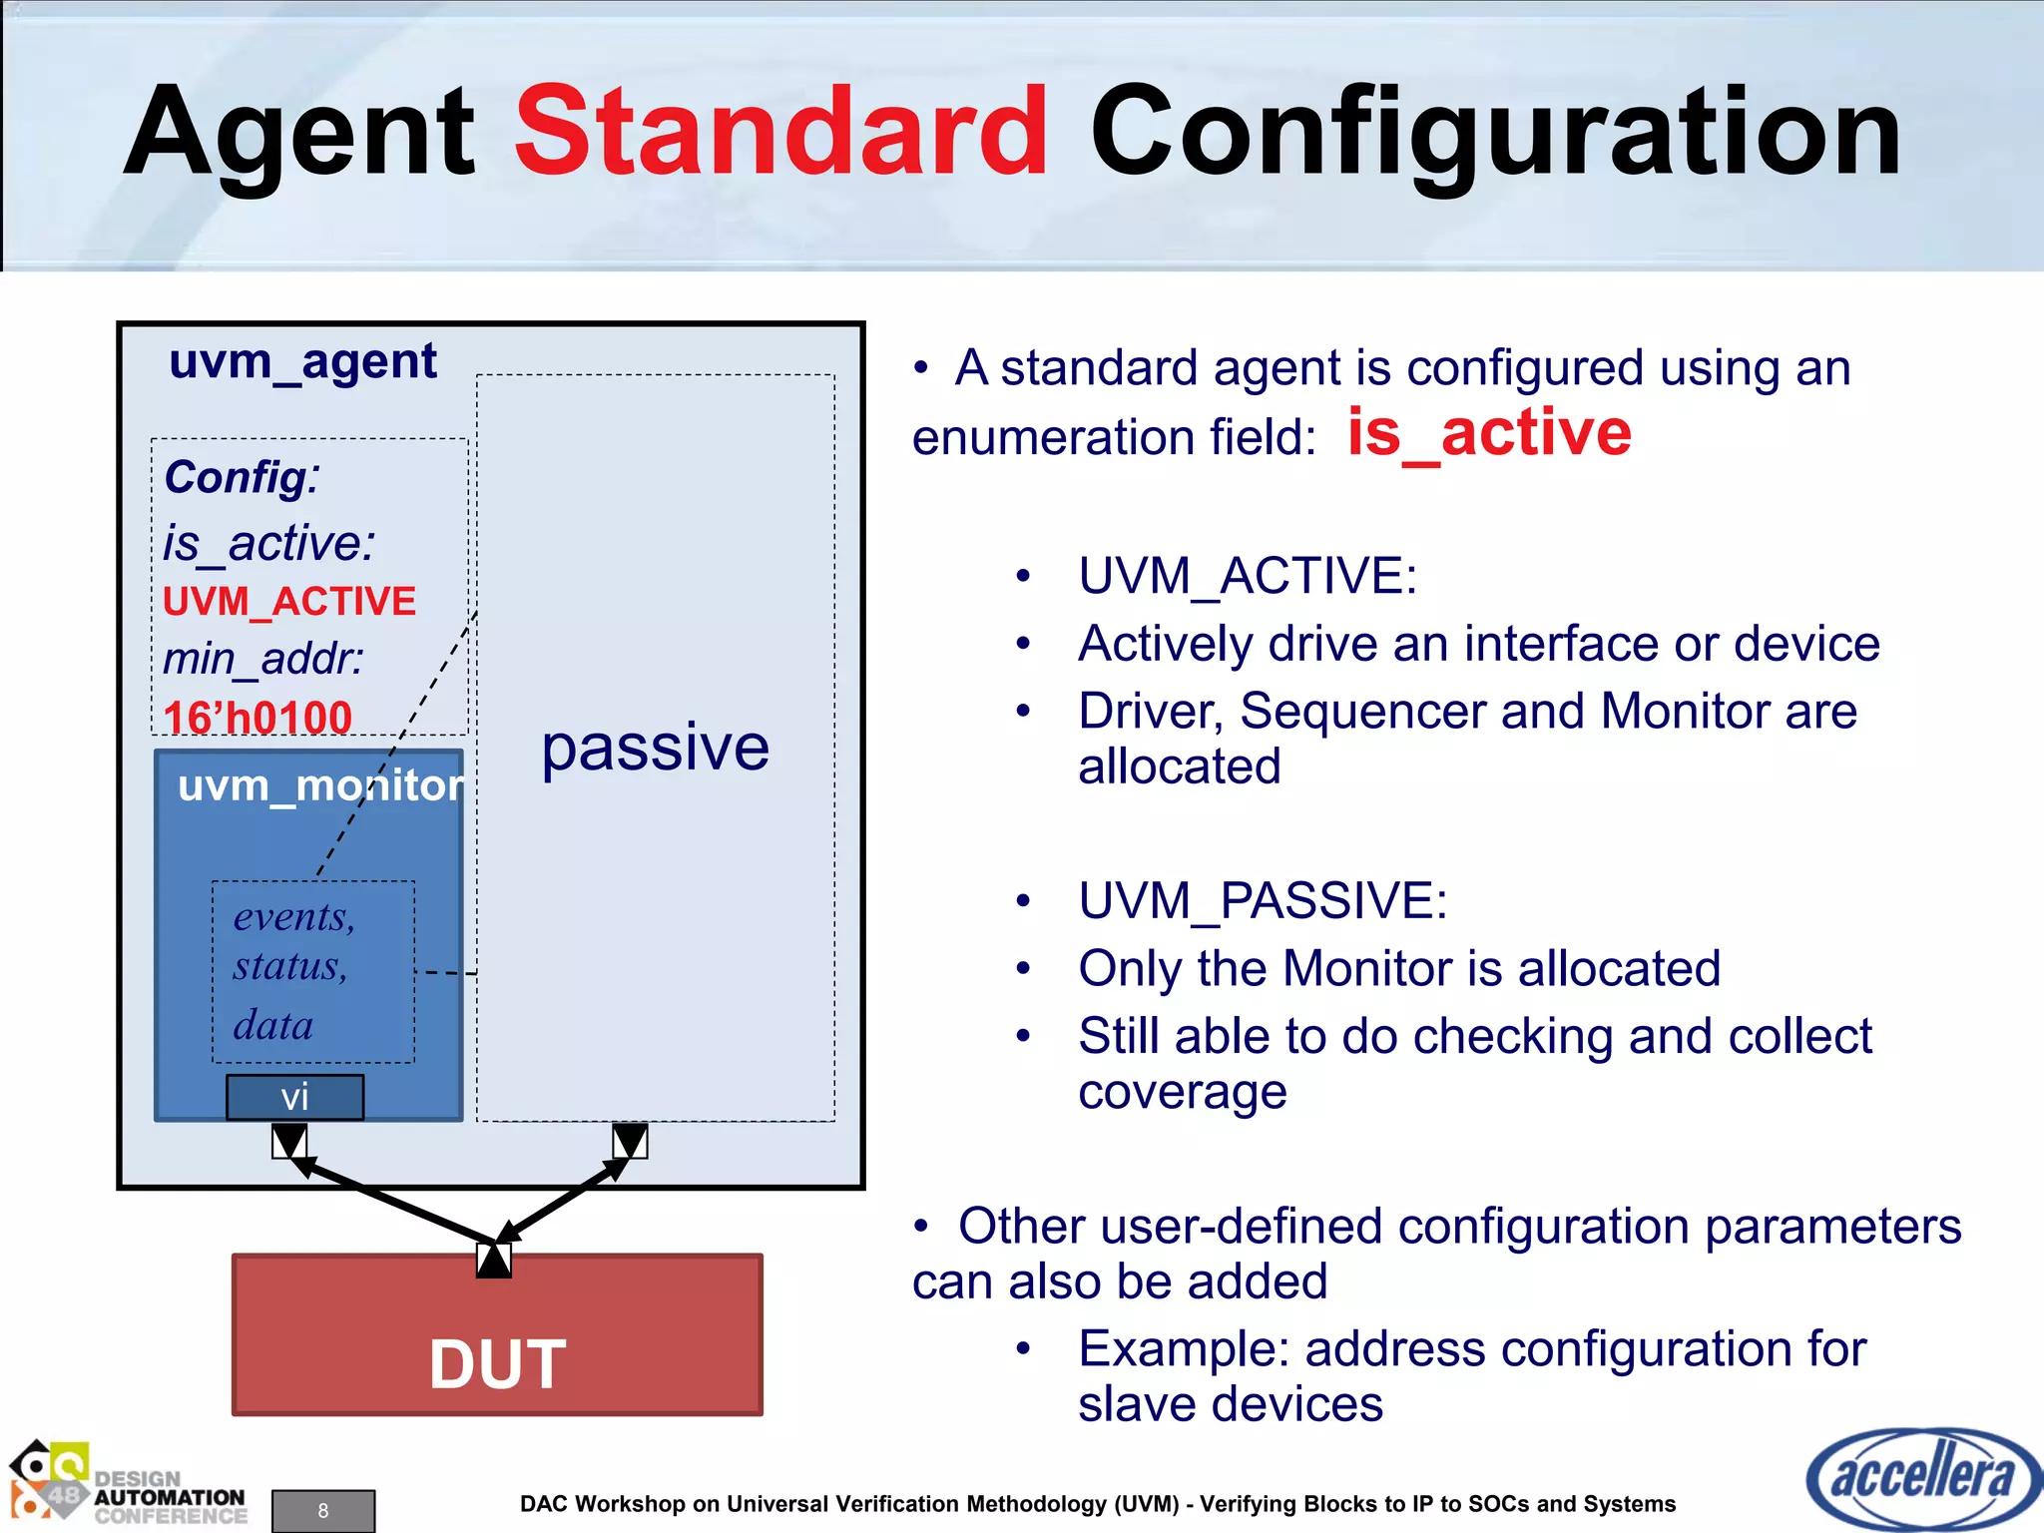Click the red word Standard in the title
780,132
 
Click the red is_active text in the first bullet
1489,433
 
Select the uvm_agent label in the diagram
302,361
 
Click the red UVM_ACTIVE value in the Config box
289,602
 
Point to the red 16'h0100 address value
257,718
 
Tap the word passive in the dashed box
655,748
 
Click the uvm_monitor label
320,786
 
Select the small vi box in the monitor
294,1098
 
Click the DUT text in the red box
497,1364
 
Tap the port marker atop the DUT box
494,1260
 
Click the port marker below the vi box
289,1141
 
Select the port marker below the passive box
630,1141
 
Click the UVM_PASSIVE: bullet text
1263,901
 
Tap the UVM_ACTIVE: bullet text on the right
1248,576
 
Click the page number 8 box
323,1510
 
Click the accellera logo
1920,1478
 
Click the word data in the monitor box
272,1026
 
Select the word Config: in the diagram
242,477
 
